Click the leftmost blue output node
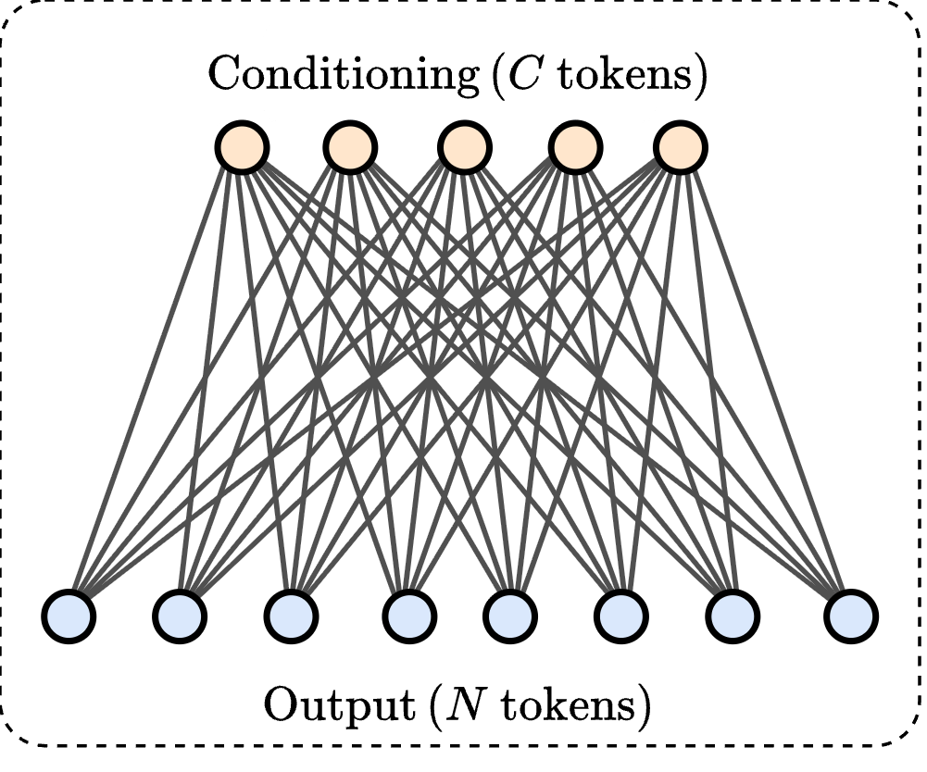pos(69,615)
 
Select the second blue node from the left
pos(180,615)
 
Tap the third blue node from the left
pos(291,615)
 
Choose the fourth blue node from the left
pos(411,615)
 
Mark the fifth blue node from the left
pos(510,615)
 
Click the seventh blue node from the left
pos(733,615)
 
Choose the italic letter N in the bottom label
pos(461,706)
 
